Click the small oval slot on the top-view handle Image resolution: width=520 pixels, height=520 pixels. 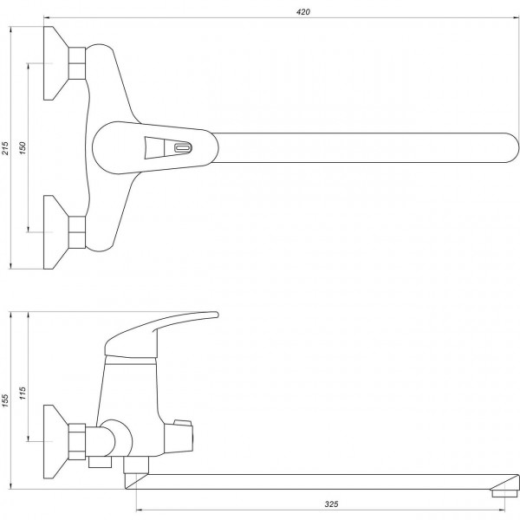point(182,147)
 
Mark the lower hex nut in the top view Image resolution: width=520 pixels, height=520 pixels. point(78,230)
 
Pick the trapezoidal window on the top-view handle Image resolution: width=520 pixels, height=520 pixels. point(157,148)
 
